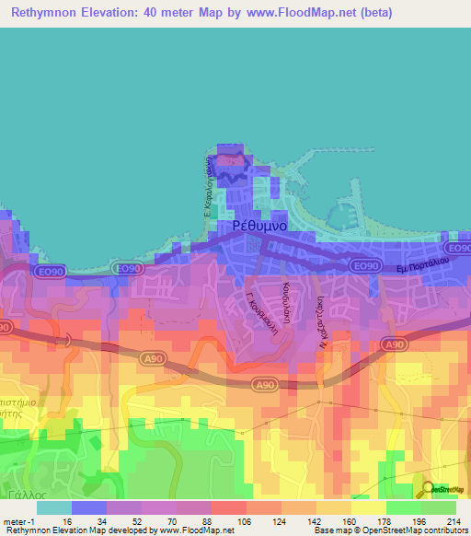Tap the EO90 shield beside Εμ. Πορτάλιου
click(x=366, y=266)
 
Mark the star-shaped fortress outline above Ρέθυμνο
click(x=231, y=164)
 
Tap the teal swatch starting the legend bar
click(x=53, y=507)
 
